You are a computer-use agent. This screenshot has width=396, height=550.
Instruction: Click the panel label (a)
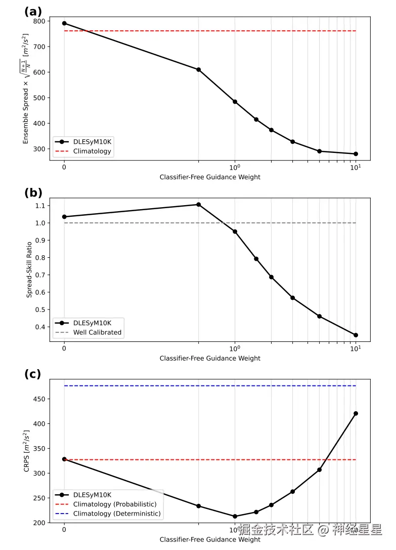tap(33, 11)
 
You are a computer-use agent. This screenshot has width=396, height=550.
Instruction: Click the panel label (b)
tap(33, 193)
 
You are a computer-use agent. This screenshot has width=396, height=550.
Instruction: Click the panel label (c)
tap(33, 374)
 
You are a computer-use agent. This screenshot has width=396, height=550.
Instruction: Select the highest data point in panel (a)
tap(64, 23)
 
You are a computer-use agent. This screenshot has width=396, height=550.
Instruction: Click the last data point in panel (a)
tap(356, 154)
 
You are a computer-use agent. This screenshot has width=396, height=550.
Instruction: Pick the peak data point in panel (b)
tap(199, 205)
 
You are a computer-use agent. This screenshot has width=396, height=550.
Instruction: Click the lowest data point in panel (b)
tap(356, 335)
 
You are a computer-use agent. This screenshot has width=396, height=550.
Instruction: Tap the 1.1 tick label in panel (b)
tap(39, 206)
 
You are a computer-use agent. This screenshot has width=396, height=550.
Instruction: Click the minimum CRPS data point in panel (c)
tap(235, 517)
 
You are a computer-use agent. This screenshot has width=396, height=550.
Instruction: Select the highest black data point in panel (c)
tap(356, 413)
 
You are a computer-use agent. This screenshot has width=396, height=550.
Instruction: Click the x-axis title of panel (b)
tap(210, 358)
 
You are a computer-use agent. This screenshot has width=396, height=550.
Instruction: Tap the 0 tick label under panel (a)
tap(64, 167)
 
